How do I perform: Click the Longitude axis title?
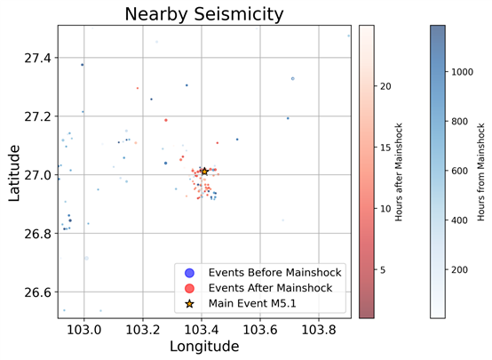[x=204, y=347]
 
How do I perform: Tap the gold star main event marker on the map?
[x=204, y=172]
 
